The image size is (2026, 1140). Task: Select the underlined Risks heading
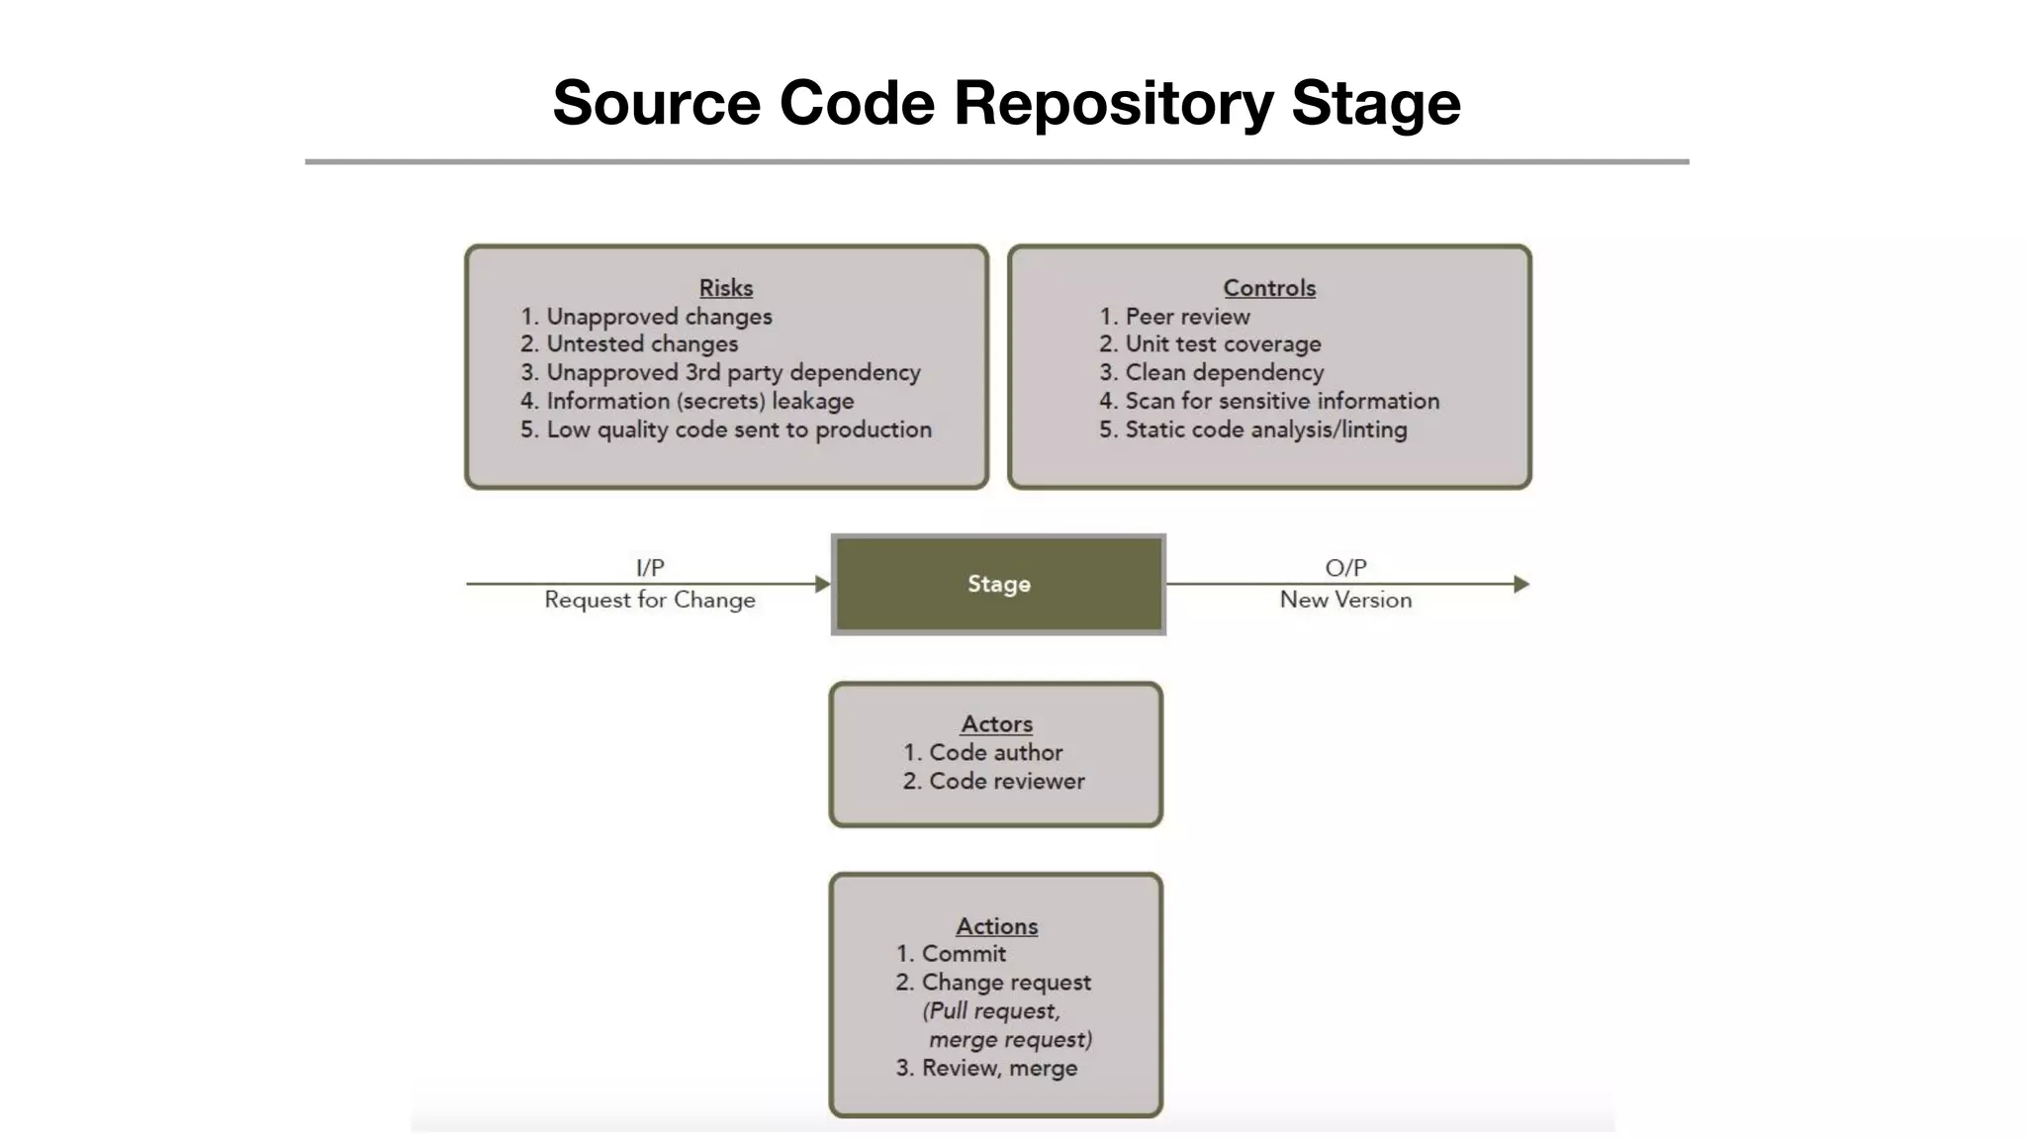point(726,288)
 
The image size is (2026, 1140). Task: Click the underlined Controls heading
point(1269,288)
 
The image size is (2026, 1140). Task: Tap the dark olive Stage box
point(998,584)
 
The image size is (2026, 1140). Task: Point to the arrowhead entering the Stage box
point(822,584)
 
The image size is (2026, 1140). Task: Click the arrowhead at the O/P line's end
point(1521,584)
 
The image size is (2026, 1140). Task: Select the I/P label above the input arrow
point(650,567)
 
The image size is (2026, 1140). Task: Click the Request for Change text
point(650,600)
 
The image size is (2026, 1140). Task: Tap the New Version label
point(1345,600)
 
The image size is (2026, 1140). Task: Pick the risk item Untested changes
point(642,344)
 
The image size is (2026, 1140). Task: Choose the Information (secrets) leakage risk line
point(699,401)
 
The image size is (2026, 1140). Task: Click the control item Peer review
point(1187,317)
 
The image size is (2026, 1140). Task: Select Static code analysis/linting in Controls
point(1265,429)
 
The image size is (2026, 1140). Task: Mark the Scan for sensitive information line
point(1281,401)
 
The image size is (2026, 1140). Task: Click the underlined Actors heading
point(996,724)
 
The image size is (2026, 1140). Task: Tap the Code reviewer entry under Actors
point(1006,781)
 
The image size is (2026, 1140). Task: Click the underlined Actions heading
point(996,926)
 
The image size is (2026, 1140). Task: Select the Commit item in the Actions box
point(964,954)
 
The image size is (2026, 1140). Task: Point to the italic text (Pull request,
point(991,1011)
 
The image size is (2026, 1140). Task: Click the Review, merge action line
point(999,1068)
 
